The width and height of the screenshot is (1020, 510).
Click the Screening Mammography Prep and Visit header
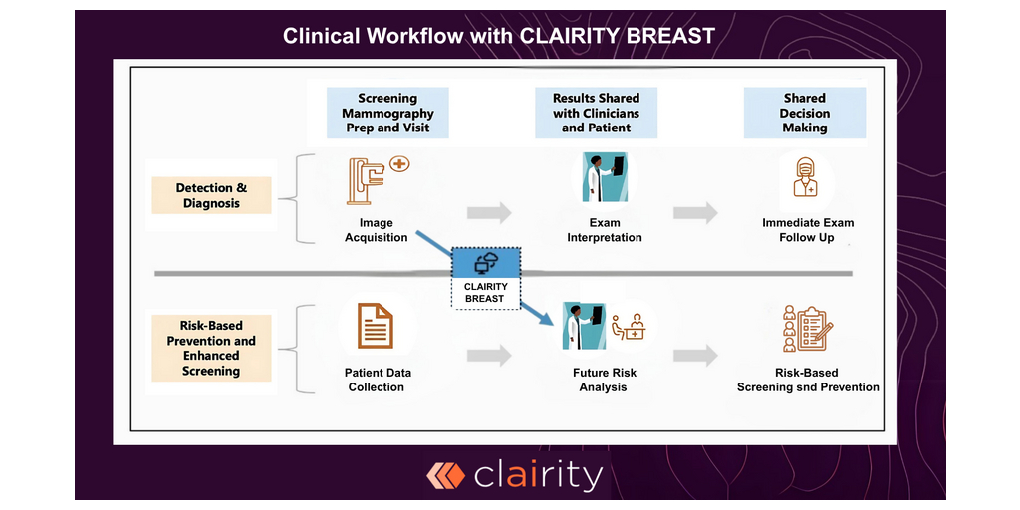387,113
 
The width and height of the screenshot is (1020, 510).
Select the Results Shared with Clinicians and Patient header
596,113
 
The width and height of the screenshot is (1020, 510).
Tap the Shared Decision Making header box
804,113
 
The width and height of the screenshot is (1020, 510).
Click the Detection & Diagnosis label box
211,195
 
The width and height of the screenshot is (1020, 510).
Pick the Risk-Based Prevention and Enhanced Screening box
211,348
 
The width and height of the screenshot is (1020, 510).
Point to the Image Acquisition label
376,230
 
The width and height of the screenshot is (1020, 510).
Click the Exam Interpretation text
604,230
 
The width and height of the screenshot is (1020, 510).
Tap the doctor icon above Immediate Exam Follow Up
804,179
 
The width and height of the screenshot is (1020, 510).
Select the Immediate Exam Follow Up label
808,230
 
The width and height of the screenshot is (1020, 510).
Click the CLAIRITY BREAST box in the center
485,278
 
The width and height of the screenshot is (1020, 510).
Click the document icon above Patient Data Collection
376,326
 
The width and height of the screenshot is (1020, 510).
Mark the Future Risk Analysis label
604,380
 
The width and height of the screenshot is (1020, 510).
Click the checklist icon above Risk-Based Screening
807,327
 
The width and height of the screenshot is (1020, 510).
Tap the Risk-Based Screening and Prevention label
808,380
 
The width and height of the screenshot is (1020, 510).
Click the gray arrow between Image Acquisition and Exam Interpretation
489,212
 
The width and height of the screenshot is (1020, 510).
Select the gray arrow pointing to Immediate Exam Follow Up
695,212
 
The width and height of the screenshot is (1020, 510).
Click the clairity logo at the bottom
514,475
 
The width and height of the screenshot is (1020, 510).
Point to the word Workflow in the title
415,36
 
